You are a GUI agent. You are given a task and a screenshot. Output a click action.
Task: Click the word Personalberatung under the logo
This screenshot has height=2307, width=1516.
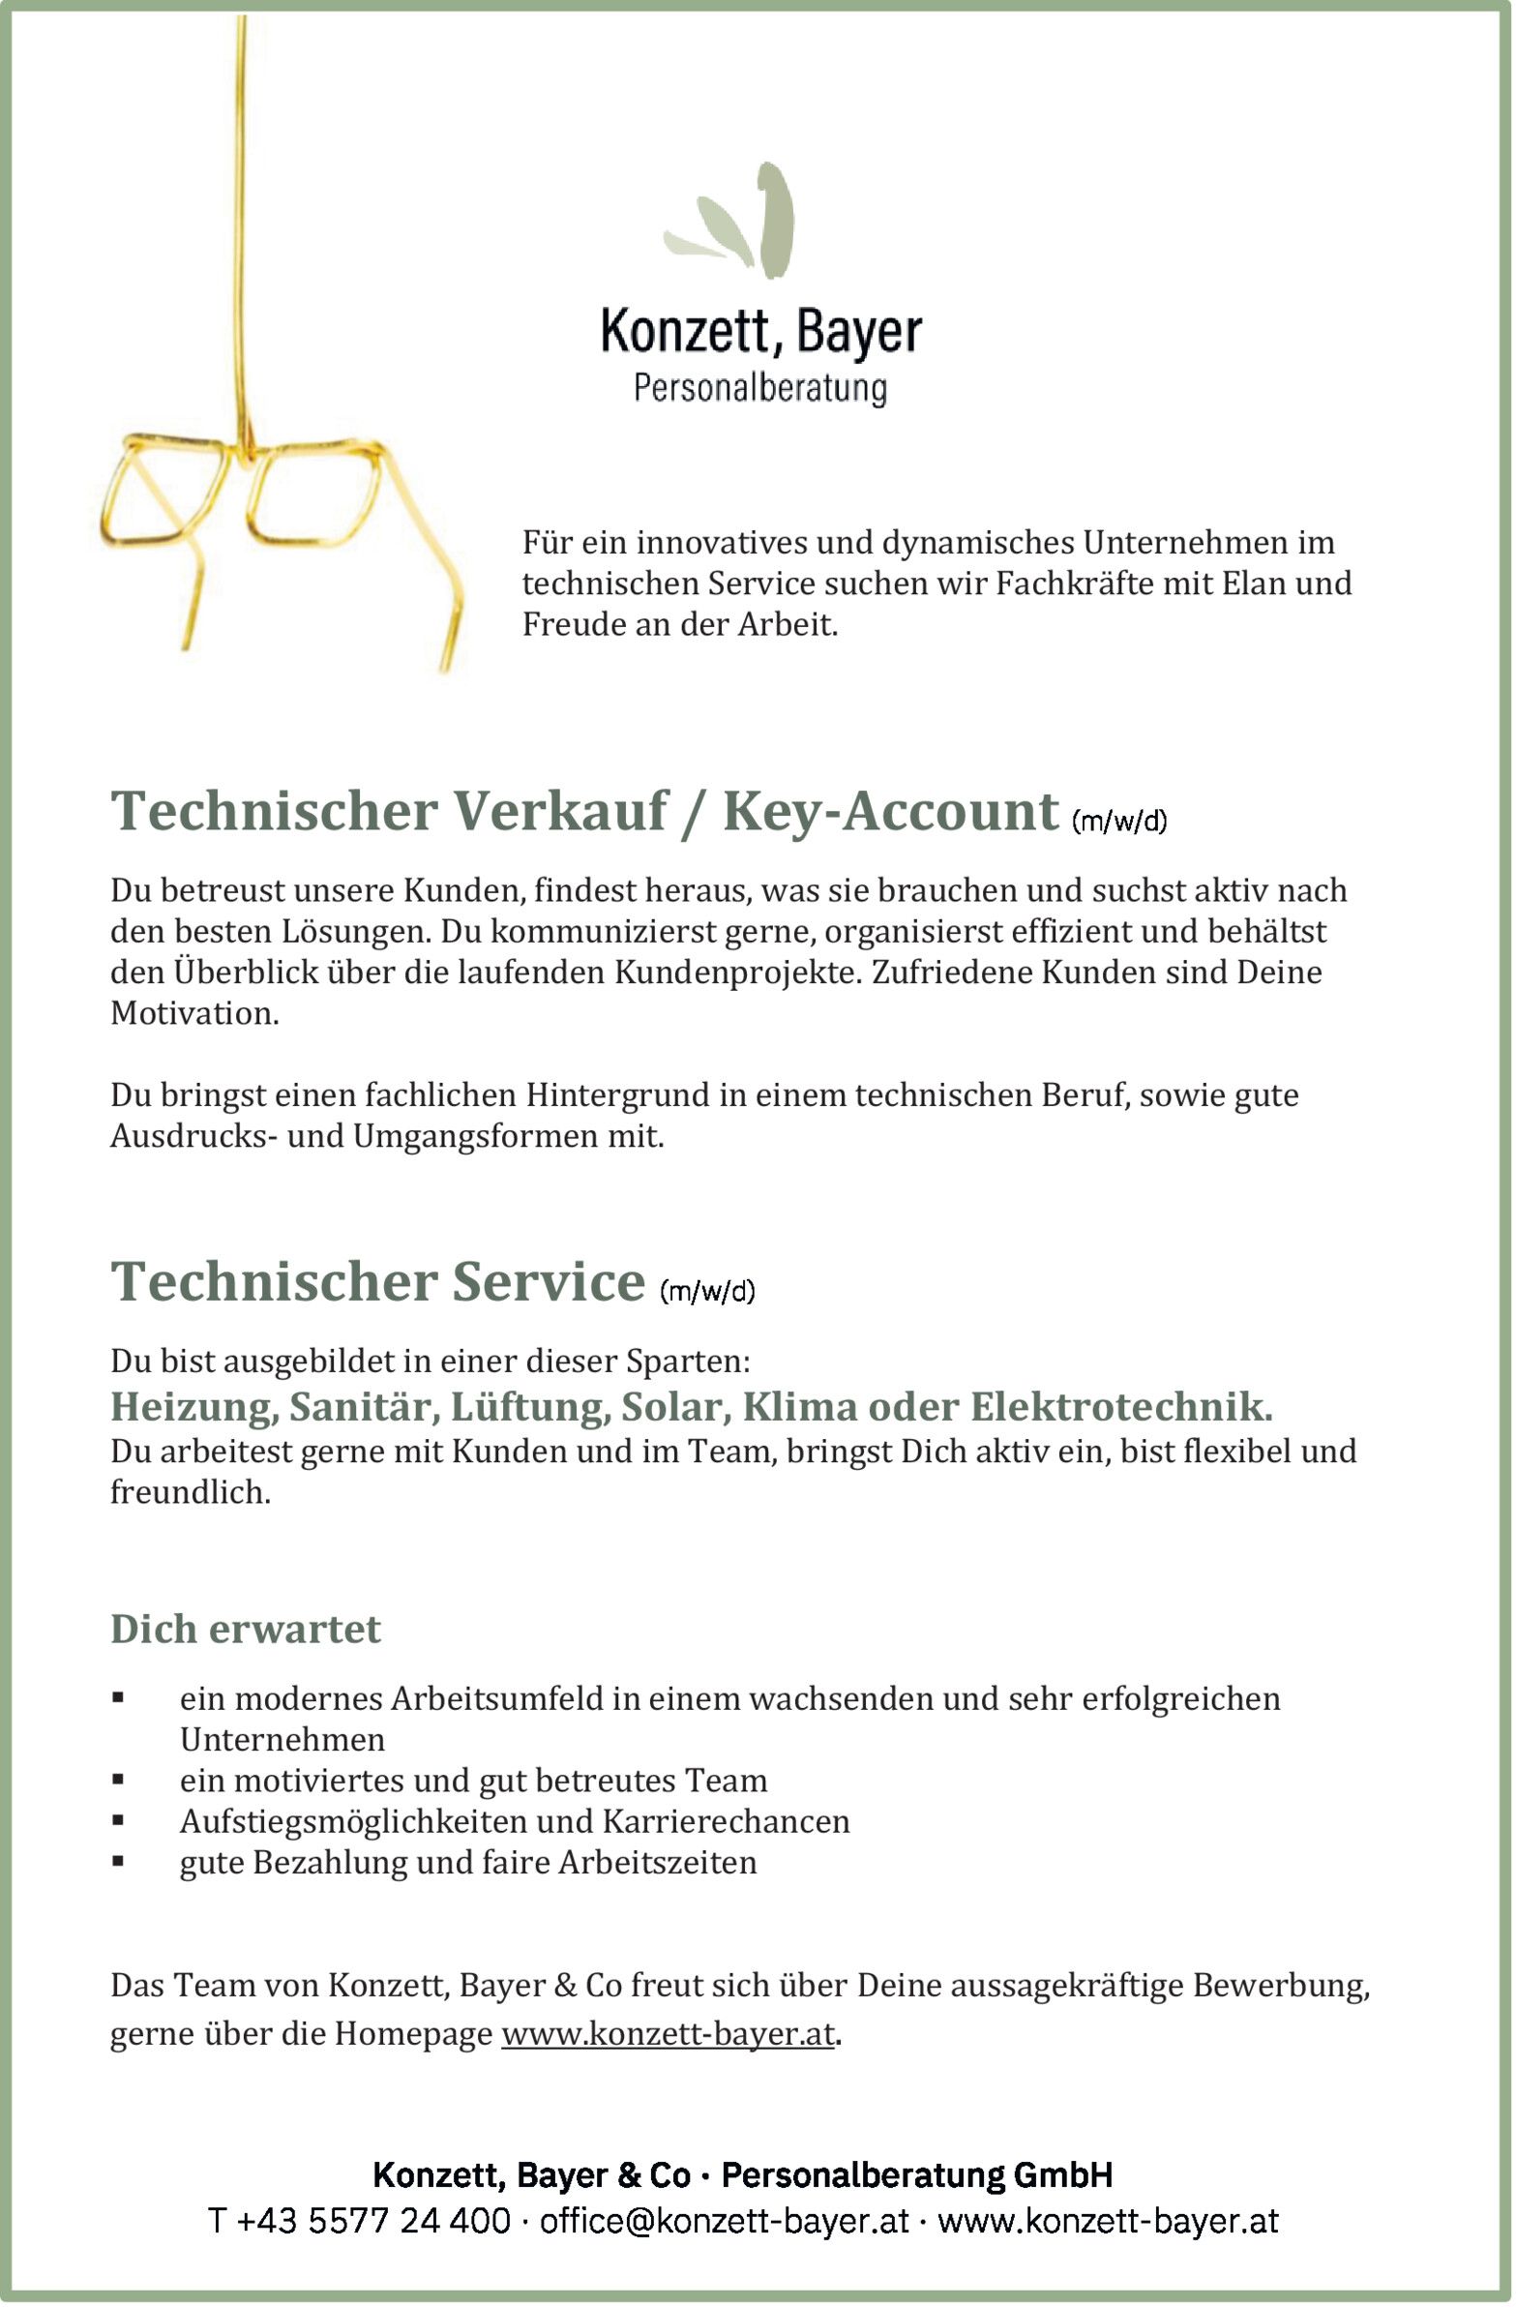click(x=760, y=388)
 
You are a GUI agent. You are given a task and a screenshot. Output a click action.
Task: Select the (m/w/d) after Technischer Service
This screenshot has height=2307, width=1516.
click(x=706, y=1291)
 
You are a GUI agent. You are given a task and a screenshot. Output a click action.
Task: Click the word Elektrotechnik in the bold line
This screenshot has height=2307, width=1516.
click(x=1121, y=1406)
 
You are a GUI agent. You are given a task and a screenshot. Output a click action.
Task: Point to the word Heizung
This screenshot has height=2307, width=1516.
click(x=192, y=1406)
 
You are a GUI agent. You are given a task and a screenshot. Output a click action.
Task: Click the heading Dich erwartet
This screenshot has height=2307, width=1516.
click(x=245, y=1629)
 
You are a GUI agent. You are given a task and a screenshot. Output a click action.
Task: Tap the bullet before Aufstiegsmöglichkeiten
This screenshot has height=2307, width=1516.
click(x=118, y=1820)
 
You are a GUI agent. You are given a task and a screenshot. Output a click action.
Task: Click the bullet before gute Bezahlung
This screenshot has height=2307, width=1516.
click(x=118, y=1861)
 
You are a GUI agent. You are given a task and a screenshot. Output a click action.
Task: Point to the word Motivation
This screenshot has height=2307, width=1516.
click(x=193, y=1013)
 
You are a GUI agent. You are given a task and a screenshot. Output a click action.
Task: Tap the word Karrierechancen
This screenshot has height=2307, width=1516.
click(x=726, y=1821)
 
